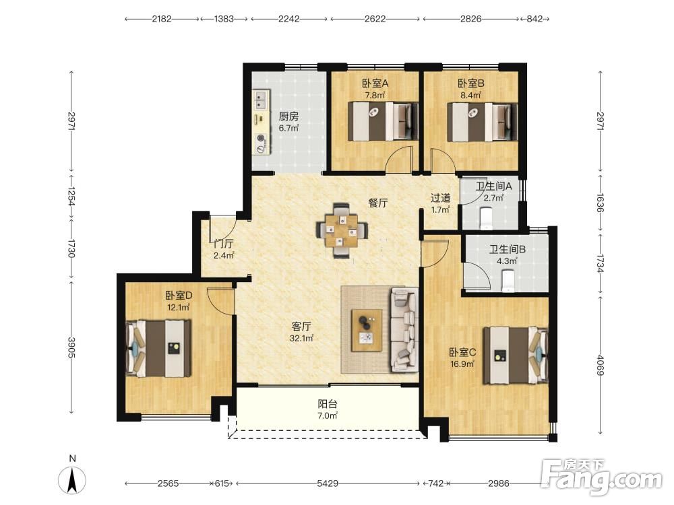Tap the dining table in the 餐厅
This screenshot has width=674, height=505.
342,230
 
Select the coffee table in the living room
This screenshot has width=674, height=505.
367,330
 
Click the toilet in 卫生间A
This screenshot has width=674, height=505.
486,217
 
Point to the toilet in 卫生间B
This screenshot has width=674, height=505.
508,281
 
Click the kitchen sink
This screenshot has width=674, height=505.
260,100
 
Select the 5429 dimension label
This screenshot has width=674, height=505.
327,483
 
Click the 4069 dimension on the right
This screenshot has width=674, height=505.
601,364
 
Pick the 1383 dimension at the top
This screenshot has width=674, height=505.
224,19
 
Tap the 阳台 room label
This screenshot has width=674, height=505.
328,404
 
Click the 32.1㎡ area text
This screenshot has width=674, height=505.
301,339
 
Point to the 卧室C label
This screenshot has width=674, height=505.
462,353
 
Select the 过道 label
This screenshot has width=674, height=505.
441,198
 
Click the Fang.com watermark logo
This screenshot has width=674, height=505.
601,477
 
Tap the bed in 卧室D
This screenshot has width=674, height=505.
158,348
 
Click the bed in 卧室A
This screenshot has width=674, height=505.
383,121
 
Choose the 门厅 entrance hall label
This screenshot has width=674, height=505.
224,244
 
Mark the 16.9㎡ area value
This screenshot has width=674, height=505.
462,364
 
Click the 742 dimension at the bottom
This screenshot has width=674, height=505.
435,483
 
